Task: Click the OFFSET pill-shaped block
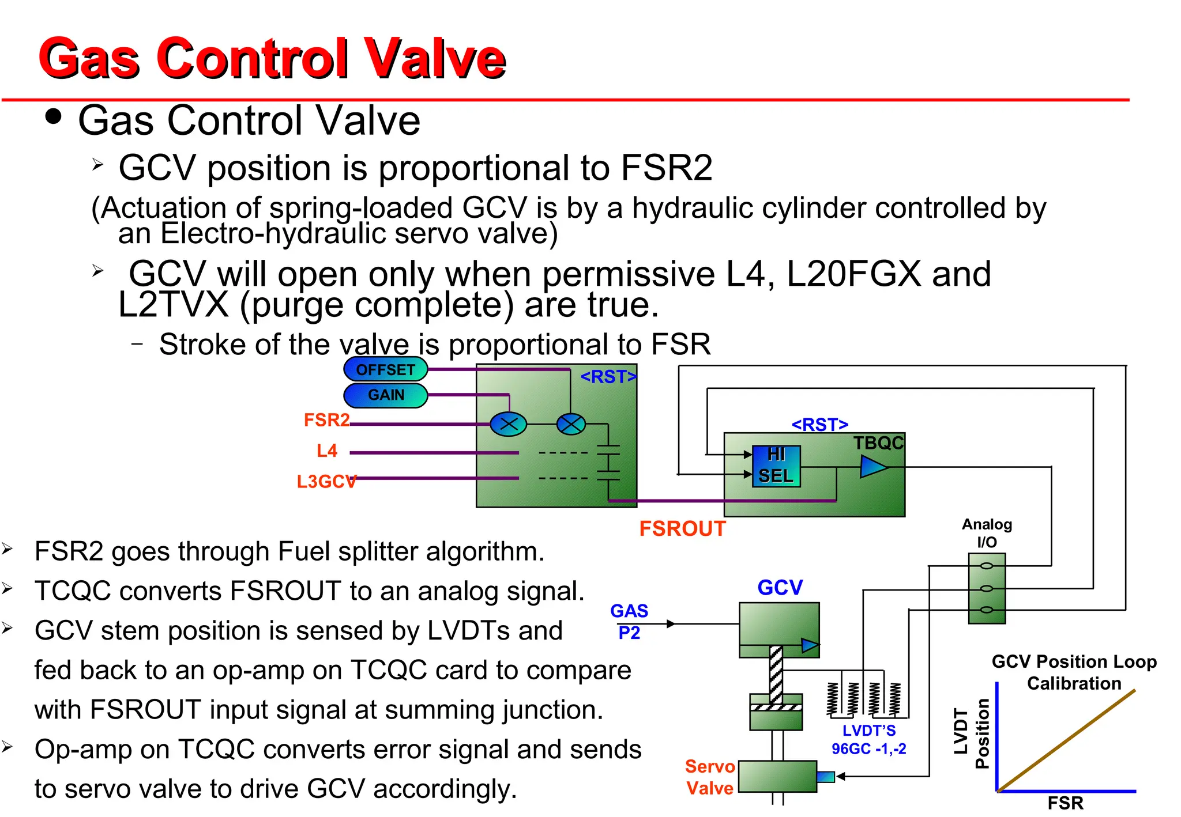pyautogui.click(x=385, y=369)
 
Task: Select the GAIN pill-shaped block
pyautogui.click(x=385, y=395)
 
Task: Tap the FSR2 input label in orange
pyautogui.click(x=326, y=420)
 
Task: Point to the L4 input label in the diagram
pyautogui.click(x=326, y=451)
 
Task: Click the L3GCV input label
pyautogui.click(x=326, y=481)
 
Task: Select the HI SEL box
pyautogui.click(x=776, y=466)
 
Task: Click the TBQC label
pyautogui.click(x=878, y=443)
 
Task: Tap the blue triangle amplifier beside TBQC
pyautogui.click(x=872, y=467)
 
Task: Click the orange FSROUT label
pyautogui.click(x=682, y=528)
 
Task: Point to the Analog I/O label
pyautogui.click(x=987, y=533)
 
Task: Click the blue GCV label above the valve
pyautogui.click(x=780, y=588)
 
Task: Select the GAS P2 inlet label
pyautogui.click(x=629, y=622)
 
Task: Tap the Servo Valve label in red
pyautogui.click(x=710, y=777)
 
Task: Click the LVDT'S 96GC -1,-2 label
pyautogui.click(x=868, y=740)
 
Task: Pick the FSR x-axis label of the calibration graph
pyautogui.click(x=1065, y=803)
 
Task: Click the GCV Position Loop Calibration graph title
pyautogui.click(x=1074, y=672)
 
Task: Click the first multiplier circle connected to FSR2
pyautogui.click(x=508, y=425)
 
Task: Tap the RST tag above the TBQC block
pyautogui.click(x=819, y=425)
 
